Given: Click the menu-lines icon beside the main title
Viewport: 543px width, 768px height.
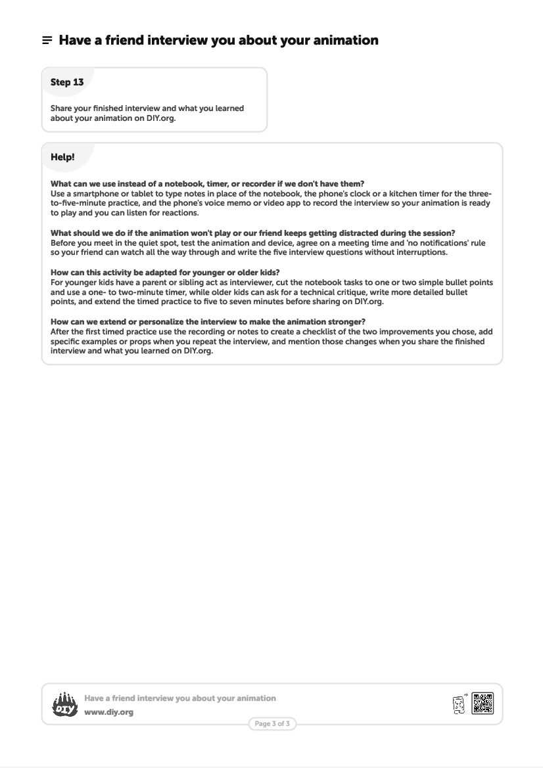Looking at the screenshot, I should pos(47,41).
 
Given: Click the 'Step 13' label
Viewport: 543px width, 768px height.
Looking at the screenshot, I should pos(67,82).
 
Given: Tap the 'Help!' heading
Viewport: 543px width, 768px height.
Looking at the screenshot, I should pos(62,158).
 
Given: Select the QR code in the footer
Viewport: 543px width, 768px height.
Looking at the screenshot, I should pos(483,703).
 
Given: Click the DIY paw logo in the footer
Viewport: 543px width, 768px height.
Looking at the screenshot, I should pos(64,704).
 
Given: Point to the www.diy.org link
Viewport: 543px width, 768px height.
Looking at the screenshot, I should pos(108,712).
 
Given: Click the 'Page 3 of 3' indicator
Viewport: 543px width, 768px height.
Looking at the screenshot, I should pos(272,724).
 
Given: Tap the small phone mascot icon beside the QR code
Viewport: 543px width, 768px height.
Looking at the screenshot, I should pos(459,704).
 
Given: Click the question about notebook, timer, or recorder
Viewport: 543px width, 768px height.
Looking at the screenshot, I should pos(207,184).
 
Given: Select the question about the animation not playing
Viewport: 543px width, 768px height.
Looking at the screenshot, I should pos(252,233).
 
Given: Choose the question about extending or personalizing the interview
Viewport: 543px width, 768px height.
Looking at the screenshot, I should pos(208,322).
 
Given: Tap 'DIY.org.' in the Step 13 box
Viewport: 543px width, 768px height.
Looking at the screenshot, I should pos(161,119).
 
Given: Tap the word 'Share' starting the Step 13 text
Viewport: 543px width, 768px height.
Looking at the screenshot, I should pos(62,108).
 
